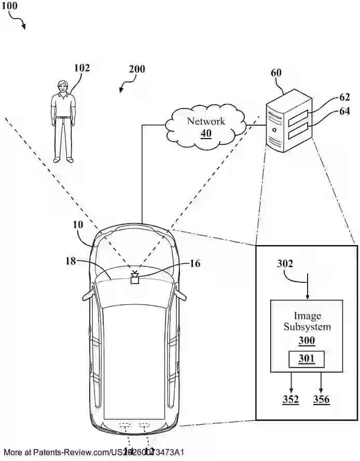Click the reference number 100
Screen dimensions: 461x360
click(x=10, y=6)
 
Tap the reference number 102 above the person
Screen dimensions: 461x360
click(x=81, y=68)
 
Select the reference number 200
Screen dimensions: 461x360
click(x=137, y=69)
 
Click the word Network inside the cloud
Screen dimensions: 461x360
click(x=206, y=121)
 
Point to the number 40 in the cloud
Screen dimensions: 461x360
click(x=206, y=133)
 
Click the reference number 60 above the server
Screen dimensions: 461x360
click(x=276, y=73)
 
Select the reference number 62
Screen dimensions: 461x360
click(x=345, y=97)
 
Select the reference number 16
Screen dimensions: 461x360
click(x=195, y=264)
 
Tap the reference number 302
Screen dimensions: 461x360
click(x=284, y=263)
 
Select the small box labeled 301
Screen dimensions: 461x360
click(x=307, y=358)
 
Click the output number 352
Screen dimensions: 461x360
click(x=290, y=399)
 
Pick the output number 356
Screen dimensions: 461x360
click(x=321, y=399)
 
